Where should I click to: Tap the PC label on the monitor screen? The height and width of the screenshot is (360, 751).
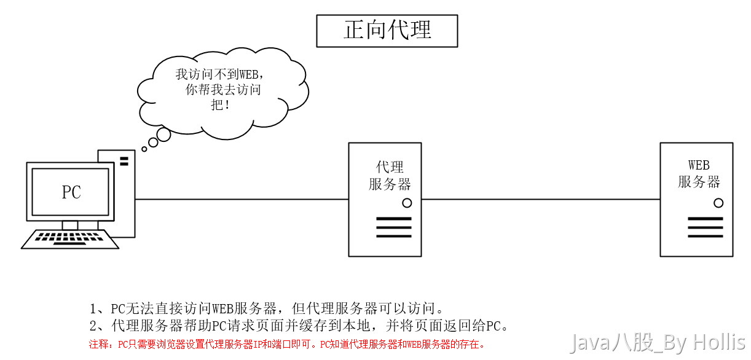pyautogui.click(x=71, y=192)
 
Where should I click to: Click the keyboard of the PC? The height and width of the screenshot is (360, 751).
pyautogui.click(x=70, y=239)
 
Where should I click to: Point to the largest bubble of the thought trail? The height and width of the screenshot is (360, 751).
pyautogui.click(x=163, y=135)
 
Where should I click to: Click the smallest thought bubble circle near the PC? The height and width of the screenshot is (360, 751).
pyautogui.click(x=144, y=149)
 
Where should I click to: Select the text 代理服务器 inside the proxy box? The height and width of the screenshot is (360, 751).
pyautogui.click(x=390, y=176)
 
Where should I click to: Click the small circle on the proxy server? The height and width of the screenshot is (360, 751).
pyautogui.click(x=407, y=203)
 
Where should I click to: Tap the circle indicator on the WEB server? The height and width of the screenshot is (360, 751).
pyautogui.click(x=718, y=203)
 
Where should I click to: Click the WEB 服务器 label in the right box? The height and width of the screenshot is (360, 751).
pyautogui.click(x=699, y=174)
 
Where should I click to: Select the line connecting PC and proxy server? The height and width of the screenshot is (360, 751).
pyautogui.click(x=242, y=200)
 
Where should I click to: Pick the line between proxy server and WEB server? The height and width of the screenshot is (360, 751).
pyautogui.click(x=541, y=200)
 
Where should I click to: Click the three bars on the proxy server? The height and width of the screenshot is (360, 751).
pyautogui.click(x=394, y=227)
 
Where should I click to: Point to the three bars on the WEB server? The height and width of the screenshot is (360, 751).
pyautogui.click(x=706, y=227)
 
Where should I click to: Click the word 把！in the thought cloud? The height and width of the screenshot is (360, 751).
pyautogui.click(x=220, y=105)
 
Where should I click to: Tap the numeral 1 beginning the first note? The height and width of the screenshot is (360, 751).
pyautogui.click(x=93, y=309)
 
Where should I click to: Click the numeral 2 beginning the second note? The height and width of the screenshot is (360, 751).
pyautogui.click(x=93, y=326)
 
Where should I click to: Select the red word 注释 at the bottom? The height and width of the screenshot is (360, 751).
pyautogui.click(x=98, y=344)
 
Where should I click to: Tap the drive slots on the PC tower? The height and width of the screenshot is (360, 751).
pyautogui.click(x=124, y=161)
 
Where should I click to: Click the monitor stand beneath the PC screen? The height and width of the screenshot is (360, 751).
pyautogui.click(x=70, y=225)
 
